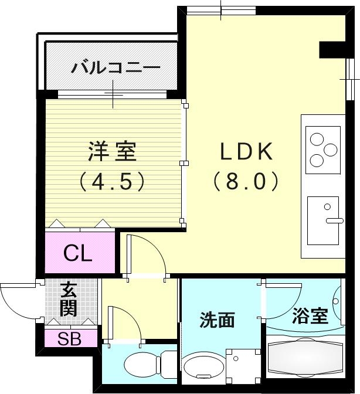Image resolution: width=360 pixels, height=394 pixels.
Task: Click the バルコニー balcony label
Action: [x=116, y=67]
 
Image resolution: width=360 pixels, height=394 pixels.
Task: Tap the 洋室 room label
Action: [x=112, y=151]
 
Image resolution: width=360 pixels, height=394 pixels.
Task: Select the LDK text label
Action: [x=246, y=152]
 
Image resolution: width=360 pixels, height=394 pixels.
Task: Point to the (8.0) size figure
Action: [x=246, y=181]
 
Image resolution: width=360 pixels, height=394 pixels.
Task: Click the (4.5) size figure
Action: [x=112, y=181]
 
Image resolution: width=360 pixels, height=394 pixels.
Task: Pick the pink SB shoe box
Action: [x=69, y=338]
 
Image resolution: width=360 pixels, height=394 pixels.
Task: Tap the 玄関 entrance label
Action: [x=69, y=299]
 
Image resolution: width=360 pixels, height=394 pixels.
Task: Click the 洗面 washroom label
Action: [x=218, y=320]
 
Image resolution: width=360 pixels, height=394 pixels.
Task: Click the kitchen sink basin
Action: [x=323, y=220]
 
